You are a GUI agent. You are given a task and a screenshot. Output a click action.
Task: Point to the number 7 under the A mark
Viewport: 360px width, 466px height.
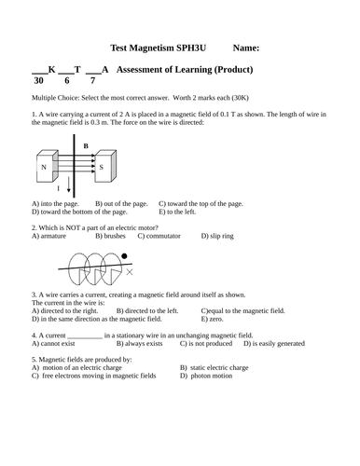tap(92, 81)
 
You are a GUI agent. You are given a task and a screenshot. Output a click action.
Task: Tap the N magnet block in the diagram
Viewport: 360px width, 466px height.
tap(45, 168)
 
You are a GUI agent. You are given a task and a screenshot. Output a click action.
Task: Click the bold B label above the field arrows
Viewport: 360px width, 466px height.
tap(86, 146)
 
